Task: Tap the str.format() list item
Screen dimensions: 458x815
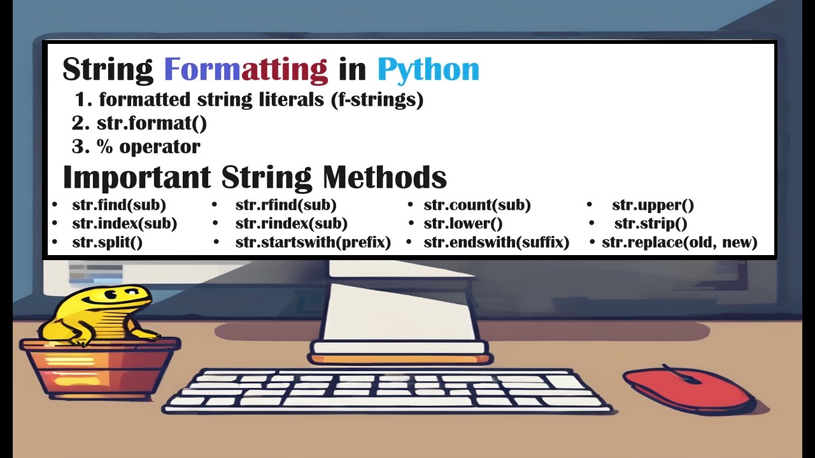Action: tap(152, 123)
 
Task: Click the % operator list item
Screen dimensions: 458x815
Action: tap(148, 147)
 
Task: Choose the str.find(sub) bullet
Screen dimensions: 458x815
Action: tap(119, 205)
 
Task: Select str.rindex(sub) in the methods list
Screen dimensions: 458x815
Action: tap(291, 224)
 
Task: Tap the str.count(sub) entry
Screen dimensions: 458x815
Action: tap(477, 205)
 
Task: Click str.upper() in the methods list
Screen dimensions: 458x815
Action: tap(653, 205)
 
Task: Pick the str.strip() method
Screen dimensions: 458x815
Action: tap(651, 224)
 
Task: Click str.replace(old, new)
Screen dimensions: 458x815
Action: tap(679, 242)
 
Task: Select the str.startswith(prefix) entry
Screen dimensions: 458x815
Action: tap(313, 242)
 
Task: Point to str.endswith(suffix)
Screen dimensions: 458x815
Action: tap(496, 242)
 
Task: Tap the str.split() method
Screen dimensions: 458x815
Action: tap(107, 242)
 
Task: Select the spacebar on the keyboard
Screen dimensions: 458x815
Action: tap(376, 401)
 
